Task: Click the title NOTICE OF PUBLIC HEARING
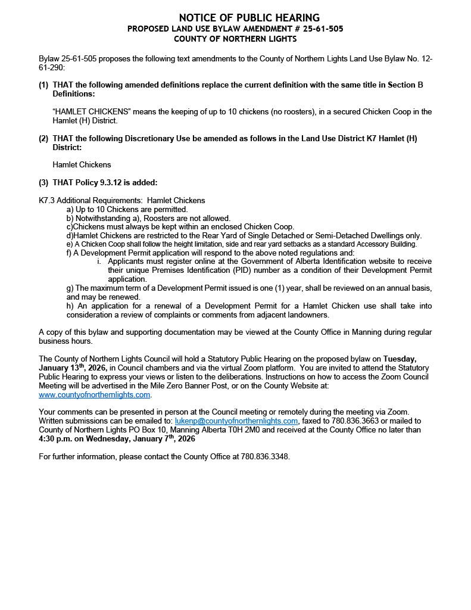(249, 18)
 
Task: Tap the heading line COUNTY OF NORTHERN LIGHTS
(235, 39)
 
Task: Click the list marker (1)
(43, 85)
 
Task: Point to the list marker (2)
(43, 138)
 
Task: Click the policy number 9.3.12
(110, 182)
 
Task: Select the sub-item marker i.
(99, 261)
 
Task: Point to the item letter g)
(70, 288)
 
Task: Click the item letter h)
(70, 306)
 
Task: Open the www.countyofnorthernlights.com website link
(94, 394)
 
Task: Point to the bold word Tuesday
(400, 359)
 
